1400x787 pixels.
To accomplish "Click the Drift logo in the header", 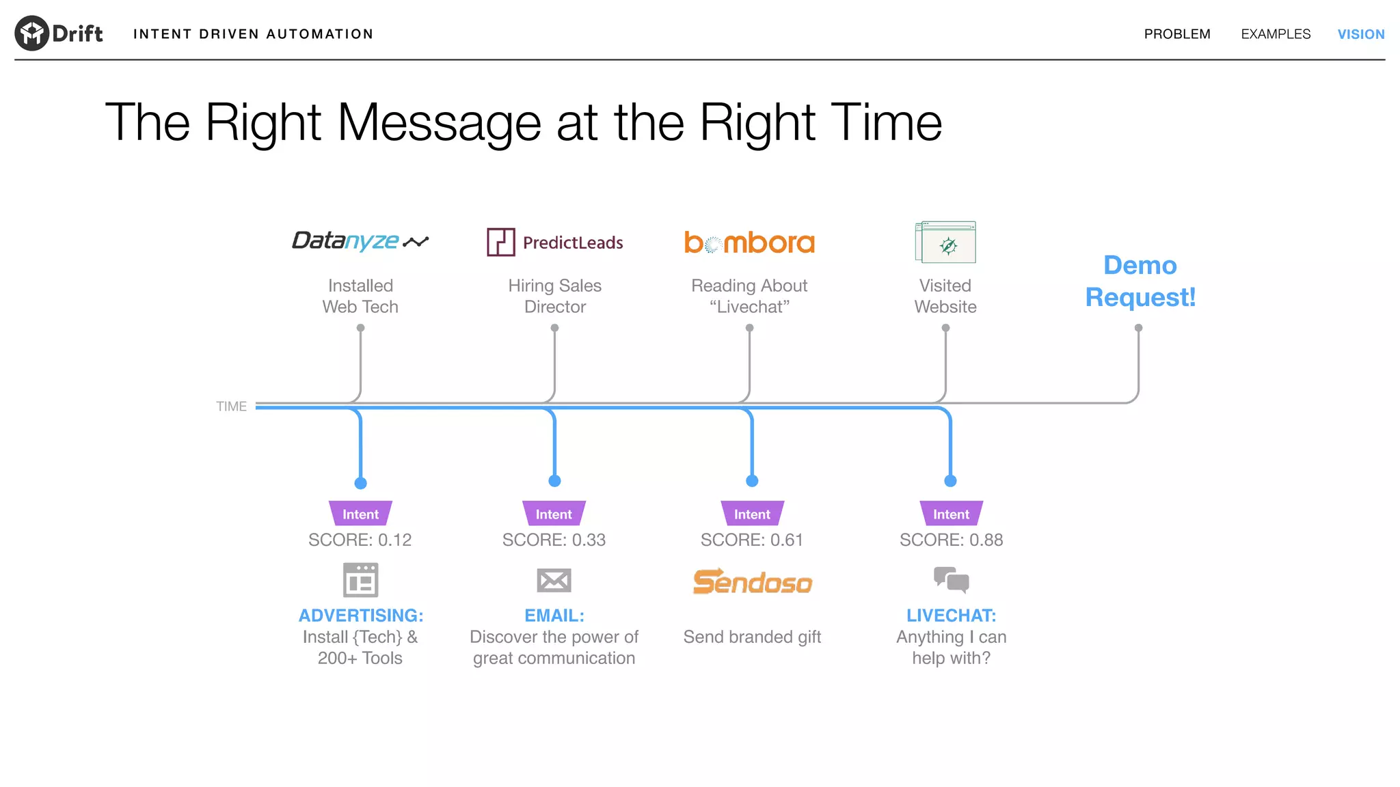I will pos(59,33).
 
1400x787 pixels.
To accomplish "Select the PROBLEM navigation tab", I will pos(1176,34).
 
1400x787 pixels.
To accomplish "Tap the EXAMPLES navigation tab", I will pos(1276,34).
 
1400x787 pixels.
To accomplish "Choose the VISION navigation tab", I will pos(1360,34).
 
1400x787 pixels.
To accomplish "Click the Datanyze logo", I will pos(360,241).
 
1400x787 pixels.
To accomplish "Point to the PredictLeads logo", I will pos(554,243).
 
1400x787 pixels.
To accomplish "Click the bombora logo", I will pos(749,243).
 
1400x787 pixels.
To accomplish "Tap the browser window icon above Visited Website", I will pos(945,242).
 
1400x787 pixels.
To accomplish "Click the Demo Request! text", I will pos(1140,281).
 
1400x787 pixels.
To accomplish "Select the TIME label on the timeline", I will pos(231,406).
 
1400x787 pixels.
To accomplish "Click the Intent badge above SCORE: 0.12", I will pos(360,514).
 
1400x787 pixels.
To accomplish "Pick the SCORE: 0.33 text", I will pos(554,540).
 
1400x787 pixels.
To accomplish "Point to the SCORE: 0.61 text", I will pos(751,540).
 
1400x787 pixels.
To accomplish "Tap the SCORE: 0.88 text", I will pos(951,540).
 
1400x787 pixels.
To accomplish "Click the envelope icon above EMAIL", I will pos(554,581).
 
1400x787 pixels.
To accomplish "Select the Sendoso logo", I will pos(752,582).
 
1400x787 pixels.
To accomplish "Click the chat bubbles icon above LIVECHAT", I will pos(951,579).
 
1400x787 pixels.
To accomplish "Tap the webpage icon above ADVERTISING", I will pos(360,580).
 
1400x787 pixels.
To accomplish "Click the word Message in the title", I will pos(440,123).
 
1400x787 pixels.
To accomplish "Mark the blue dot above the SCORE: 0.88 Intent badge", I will pos(950,481).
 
